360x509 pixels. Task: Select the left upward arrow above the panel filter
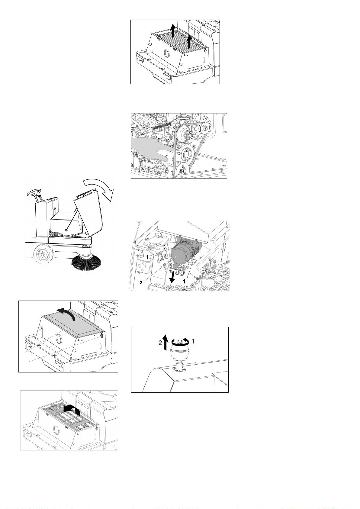point(172,31)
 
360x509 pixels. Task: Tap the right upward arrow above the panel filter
point(189,41)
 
